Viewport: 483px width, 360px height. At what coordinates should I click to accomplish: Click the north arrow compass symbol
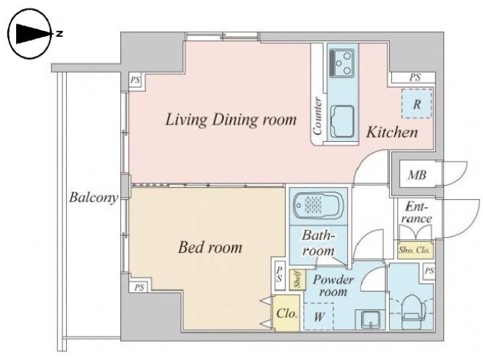tap(29, 34)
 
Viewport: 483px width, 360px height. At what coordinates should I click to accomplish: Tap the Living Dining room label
tap(230, 120)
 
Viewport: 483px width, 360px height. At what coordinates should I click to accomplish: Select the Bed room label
tap(211, 248)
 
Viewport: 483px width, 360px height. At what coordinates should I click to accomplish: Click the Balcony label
tap(93, 198)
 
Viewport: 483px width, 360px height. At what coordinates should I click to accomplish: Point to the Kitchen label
tap(392, 132)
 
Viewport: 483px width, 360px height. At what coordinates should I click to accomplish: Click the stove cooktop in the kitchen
tap(341, 63)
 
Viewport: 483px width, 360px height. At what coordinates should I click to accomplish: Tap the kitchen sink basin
tap(342, 121)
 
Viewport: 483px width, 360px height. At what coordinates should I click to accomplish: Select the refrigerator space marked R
tap(417, 104)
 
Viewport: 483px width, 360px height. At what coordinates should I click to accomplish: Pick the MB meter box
tap(418, 175)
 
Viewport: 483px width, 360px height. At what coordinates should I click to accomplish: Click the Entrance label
tap(416, 212)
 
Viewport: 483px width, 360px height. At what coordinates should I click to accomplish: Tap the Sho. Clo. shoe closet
tap(415, 249)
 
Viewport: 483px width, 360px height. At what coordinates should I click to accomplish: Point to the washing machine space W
tap(319, 316)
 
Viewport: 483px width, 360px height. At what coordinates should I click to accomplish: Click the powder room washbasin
tap(370, 320)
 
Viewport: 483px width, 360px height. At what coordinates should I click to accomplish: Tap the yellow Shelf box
tap(297, 280)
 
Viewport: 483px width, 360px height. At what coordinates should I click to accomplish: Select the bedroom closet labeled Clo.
tap(287, 313)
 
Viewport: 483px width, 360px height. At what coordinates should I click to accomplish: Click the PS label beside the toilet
tap(429, 271)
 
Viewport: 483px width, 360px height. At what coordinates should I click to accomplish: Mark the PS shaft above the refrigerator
tap(414, 77)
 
